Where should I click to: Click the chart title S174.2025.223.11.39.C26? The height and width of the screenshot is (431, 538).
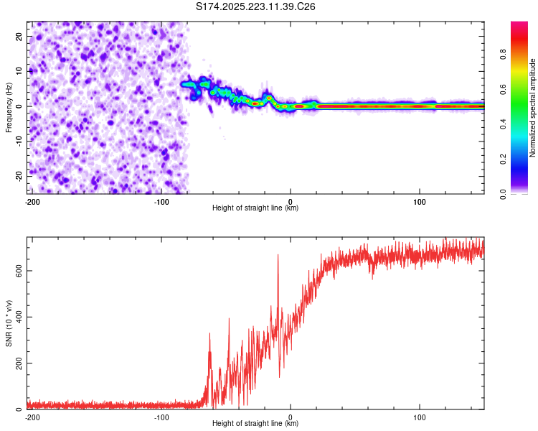[256, 6]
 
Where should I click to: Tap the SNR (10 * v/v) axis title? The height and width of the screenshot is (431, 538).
[9, 323]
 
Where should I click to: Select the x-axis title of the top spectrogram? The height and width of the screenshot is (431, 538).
[255, 208]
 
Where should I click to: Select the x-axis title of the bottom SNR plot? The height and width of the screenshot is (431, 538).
[255, 424]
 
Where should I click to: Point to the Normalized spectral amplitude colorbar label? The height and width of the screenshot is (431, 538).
[533, 108]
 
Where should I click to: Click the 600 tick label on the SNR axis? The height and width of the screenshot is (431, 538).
[17, 271]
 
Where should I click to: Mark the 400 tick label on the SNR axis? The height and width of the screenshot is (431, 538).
[17, 317]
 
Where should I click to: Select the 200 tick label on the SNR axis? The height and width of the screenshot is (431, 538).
[17, 363]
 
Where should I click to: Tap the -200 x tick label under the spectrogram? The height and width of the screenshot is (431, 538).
[31, 202]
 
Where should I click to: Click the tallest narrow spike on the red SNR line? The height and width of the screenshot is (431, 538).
[278, 256]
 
